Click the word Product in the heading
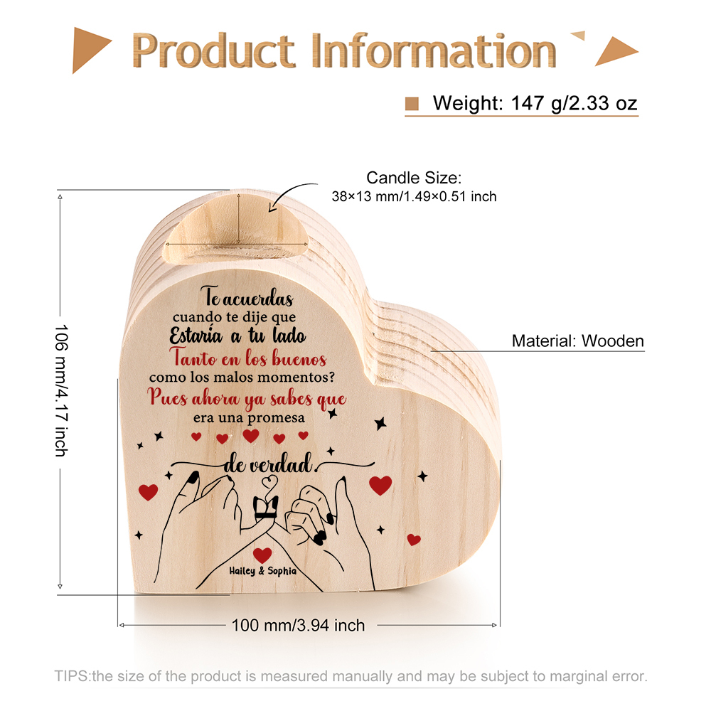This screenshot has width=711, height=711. [213, 50]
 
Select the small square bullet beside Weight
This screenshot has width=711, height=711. [412, 104]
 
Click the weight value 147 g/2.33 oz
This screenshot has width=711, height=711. [574, 103]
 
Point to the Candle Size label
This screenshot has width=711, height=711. [414, 178]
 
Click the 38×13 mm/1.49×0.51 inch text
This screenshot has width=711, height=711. [414, 196]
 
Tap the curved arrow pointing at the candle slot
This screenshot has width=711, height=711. [292, 196]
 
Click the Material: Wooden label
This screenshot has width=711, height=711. [577, 341]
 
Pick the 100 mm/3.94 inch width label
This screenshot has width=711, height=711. [298, 625]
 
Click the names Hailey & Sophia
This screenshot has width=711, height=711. [262, 571]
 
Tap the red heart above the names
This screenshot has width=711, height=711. [262, 555]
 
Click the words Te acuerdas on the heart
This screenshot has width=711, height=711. [247, 297]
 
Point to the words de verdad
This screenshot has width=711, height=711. [269, 464]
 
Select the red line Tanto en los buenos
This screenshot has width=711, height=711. [248, 358]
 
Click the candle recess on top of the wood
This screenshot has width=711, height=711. [236, 229]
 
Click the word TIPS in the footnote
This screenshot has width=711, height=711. [72, 676]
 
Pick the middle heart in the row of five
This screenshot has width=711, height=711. [251, 436]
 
